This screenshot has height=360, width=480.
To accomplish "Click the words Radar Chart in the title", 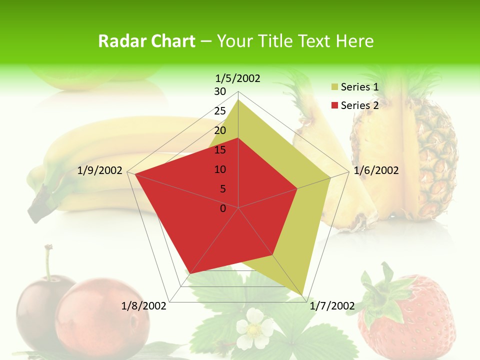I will pos(146,41).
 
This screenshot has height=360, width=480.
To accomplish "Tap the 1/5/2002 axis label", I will pos(238,78).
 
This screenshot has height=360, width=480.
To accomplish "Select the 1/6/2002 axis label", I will pos(376,170).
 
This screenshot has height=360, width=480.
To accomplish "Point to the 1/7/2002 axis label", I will pos(332,305).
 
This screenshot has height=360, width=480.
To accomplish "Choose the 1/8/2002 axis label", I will pos(144,305).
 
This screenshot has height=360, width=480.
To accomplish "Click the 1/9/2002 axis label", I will pos(100,170).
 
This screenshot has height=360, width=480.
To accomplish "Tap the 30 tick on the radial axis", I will pos(220,91).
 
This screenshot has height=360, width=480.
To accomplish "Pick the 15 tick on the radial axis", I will pos(220,150).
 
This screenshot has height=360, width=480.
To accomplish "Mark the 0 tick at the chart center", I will pos(223,208).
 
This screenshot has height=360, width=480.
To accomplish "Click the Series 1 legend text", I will pos(359,87).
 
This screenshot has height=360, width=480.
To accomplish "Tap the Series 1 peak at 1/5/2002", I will pos(238,100).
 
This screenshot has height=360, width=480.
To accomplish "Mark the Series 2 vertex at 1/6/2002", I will pos(297,188).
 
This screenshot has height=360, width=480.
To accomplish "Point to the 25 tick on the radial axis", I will pos(220,111).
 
